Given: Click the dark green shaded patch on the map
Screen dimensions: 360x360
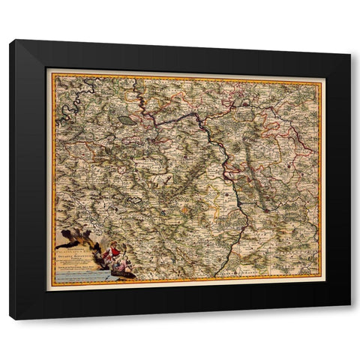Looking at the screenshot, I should coord(127,118).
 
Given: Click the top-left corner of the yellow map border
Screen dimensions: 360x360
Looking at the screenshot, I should coord(47,70).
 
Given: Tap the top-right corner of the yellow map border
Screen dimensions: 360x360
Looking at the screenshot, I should coord(322,76).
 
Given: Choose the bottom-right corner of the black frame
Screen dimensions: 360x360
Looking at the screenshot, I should coord(350,307).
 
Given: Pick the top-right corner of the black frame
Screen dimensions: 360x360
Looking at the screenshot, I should coord(350,53).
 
